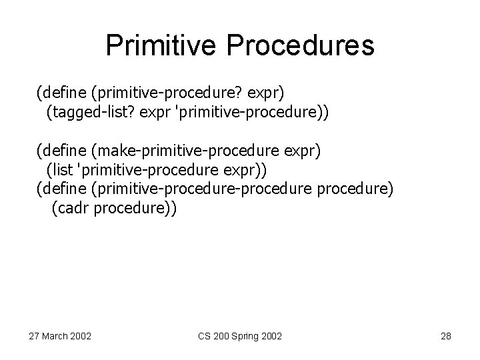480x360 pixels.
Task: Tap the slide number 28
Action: pyautogui.click(x=446, y=336)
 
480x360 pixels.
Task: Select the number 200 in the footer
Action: pyautogui.click(x=216, y=336)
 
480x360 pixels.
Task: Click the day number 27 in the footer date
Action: pyautogui.click(x=34, y=336)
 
